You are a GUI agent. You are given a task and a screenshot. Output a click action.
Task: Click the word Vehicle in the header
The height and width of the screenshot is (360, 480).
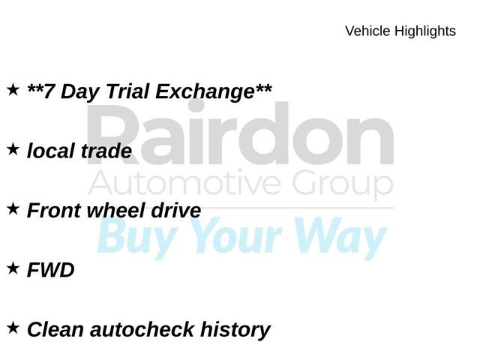point(367,31)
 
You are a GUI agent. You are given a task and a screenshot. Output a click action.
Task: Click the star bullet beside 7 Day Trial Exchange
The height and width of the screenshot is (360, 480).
point(13,90)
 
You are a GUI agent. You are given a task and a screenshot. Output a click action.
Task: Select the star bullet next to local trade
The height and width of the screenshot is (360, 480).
point(13,150)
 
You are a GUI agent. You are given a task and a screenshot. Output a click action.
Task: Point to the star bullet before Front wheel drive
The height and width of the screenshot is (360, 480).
point(13,209)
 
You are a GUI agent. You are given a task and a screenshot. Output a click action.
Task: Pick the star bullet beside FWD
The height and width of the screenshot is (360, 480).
point(13,268)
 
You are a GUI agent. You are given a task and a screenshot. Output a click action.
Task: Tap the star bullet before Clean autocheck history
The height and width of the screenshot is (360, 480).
point(13,328)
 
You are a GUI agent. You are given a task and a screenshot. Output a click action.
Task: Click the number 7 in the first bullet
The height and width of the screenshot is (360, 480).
point(49,92)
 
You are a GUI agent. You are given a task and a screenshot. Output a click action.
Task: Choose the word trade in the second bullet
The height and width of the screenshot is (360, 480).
point(106,151)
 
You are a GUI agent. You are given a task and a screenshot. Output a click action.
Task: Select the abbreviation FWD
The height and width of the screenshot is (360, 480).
point(51,270)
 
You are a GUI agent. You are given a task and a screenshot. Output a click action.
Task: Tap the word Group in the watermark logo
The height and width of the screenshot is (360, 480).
point(342,184)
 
